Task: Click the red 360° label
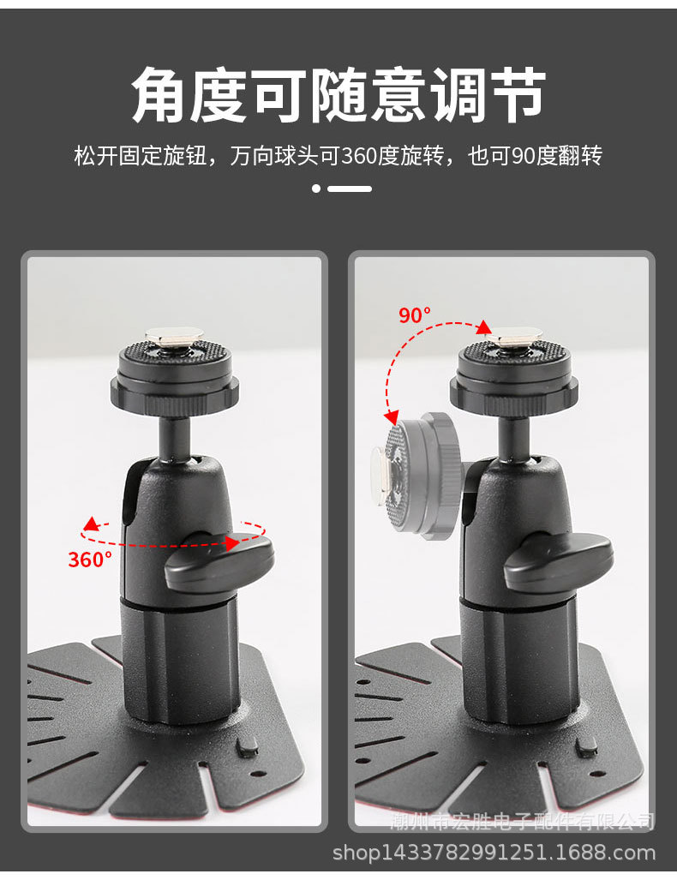coord(90,560)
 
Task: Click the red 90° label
coord(415,314)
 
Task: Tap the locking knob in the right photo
coord(558,560)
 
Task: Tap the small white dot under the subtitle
coord(316,189)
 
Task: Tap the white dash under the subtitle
coord(350,189)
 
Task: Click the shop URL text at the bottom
coord(494,853)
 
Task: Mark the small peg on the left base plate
coord(246,748)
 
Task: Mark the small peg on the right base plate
coord(586,746)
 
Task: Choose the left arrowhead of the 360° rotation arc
coord(88,523)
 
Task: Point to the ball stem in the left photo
coord(175,433)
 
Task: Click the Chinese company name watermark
coord(523,823)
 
